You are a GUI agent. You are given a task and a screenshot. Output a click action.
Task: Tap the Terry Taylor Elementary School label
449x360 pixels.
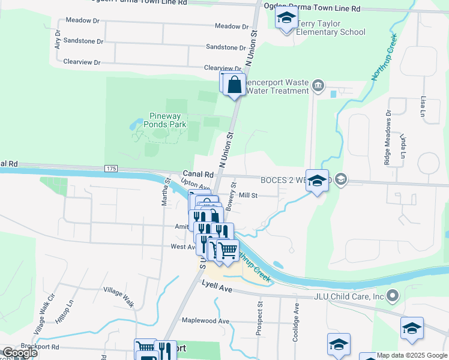click(330, 28)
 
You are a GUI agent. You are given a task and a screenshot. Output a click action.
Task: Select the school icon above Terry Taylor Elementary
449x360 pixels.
click(287, 18)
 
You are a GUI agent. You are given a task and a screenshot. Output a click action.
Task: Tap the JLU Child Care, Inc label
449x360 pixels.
click(349, 296)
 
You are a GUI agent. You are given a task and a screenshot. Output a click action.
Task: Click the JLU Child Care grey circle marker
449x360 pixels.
click(393, 295)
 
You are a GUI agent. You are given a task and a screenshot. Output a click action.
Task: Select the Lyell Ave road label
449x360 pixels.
click(217, 288)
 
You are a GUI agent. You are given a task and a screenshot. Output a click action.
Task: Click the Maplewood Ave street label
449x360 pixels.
click(206, 321)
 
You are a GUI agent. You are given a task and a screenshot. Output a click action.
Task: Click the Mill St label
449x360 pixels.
click(248, 195)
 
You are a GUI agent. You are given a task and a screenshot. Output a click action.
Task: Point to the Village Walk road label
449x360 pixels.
click(118, 296)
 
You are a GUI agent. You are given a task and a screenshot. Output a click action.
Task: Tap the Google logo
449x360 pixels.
click(20, 353)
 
